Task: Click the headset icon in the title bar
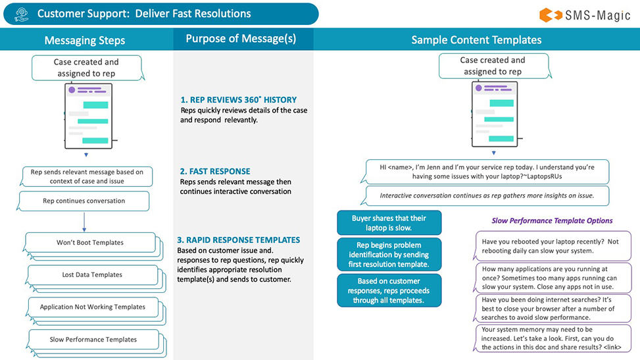(x=20, y=14)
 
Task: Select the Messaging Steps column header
(x=86, y=40)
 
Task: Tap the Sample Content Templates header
(x=476, y=40)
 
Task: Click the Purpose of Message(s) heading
(x=241, y=39)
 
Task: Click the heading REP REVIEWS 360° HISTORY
(x=238, y=99)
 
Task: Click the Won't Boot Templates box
(x=90, y=242)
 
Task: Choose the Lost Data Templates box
(x=92, y=274)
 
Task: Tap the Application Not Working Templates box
(x=92, y=307)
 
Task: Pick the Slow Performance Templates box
(x=93, y=340)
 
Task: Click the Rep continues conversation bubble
(x=84, y=201)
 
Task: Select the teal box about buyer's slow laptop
(x=389, y=222)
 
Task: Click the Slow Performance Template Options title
(x=552, y=221)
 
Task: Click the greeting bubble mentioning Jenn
(x=487, y=172)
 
